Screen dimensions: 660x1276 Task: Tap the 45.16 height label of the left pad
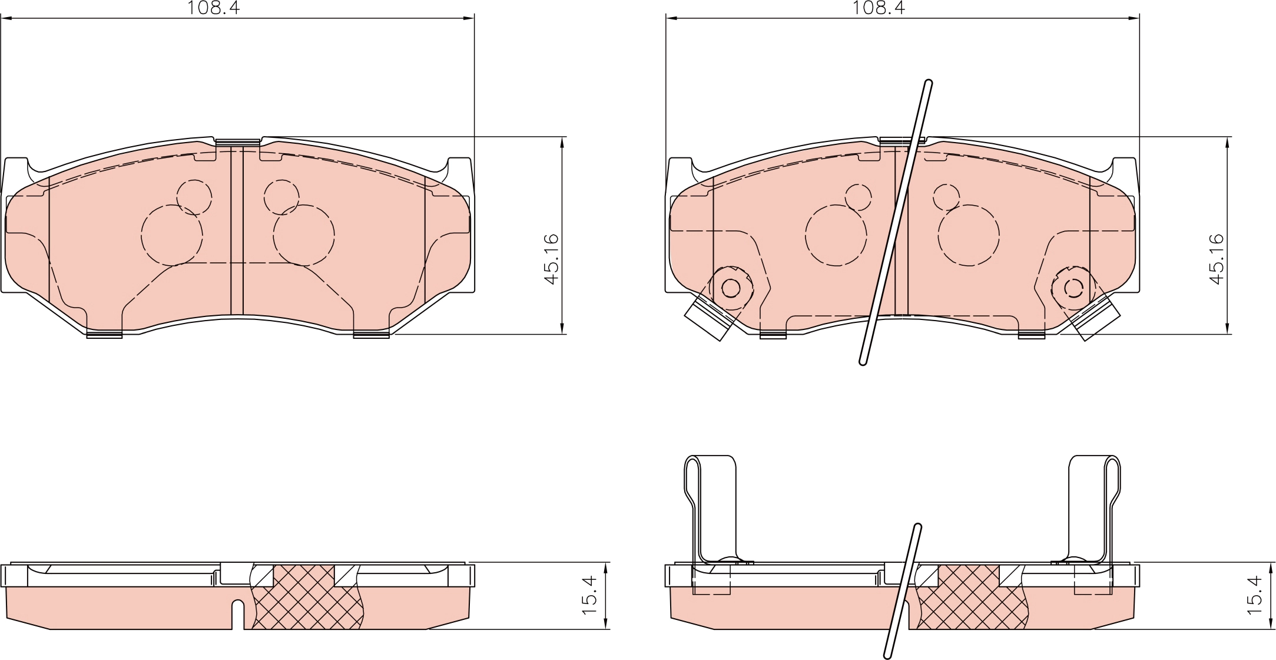coord(552,259)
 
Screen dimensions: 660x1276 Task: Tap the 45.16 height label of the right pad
coord(1217,259)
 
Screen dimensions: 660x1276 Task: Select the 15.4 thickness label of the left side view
coord(589,596)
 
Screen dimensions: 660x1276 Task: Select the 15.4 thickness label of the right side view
coord(1255,596)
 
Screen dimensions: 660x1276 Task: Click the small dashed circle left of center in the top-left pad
coord(194,197)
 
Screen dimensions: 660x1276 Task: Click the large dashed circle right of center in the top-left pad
coord(304,235)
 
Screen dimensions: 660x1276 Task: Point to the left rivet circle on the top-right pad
coord(731,288)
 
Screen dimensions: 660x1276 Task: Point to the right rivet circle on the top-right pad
coord(1074,288)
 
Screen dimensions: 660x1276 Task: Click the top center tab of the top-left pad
coord(237,141)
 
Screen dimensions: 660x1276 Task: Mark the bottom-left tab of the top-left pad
coord(104,335)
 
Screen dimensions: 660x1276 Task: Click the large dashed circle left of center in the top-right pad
coord(836,235)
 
